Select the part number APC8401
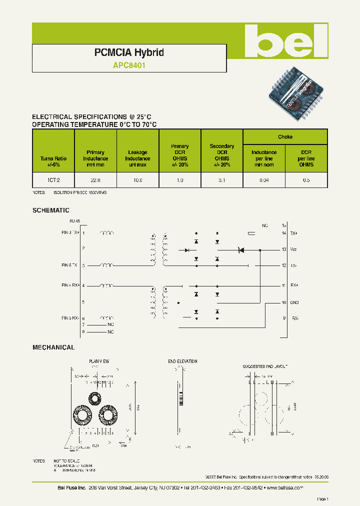129,64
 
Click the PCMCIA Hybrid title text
129,52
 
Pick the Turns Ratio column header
53,161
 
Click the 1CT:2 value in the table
53,180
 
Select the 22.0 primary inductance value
95,180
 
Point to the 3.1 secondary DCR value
221,180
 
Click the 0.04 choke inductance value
263,180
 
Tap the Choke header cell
285,137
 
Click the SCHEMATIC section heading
51,210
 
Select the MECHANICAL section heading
53,347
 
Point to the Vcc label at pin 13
294,249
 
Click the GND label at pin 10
295,302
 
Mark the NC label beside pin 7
110,324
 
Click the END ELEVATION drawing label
182,361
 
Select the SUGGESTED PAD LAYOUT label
265,366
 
